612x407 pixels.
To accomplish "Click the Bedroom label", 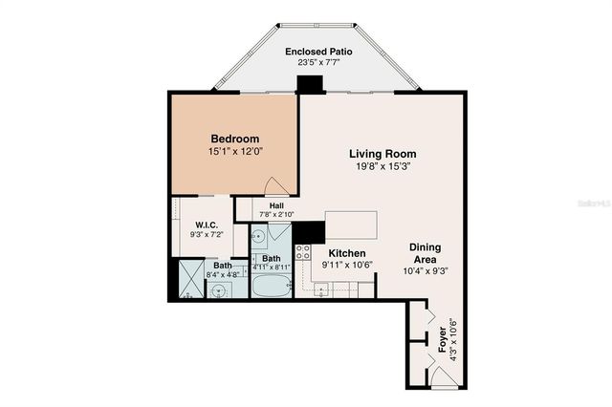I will pyautogui.click(x=234, y=139).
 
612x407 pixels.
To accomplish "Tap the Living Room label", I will pyautogui.click(x=382, y=154).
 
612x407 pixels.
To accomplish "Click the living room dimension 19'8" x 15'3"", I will pyautogui.click(x=382, y=166).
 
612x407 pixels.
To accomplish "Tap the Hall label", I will pyautogui.click(x=276, y=205).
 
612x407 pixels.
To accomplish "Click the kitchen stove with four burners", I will pyautogui.click(x=302, y=253).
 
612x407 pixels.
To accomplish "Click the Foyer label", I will pyautogui.click(x=442, y=341).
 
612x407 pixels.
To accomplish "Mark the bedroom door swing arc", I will pyautogui.click(x=273, y=186).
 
